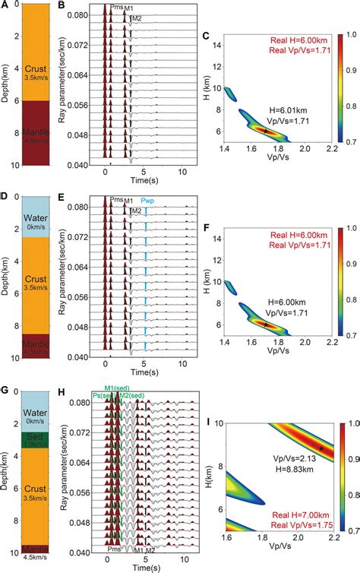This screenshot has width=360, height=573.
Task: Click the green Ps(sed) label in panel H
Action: pos(104,396)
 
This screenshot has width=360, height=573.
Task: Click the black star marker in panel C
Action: pos(265,131)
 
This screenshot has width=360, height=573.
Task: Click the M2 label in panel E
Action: pos(135,210)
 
